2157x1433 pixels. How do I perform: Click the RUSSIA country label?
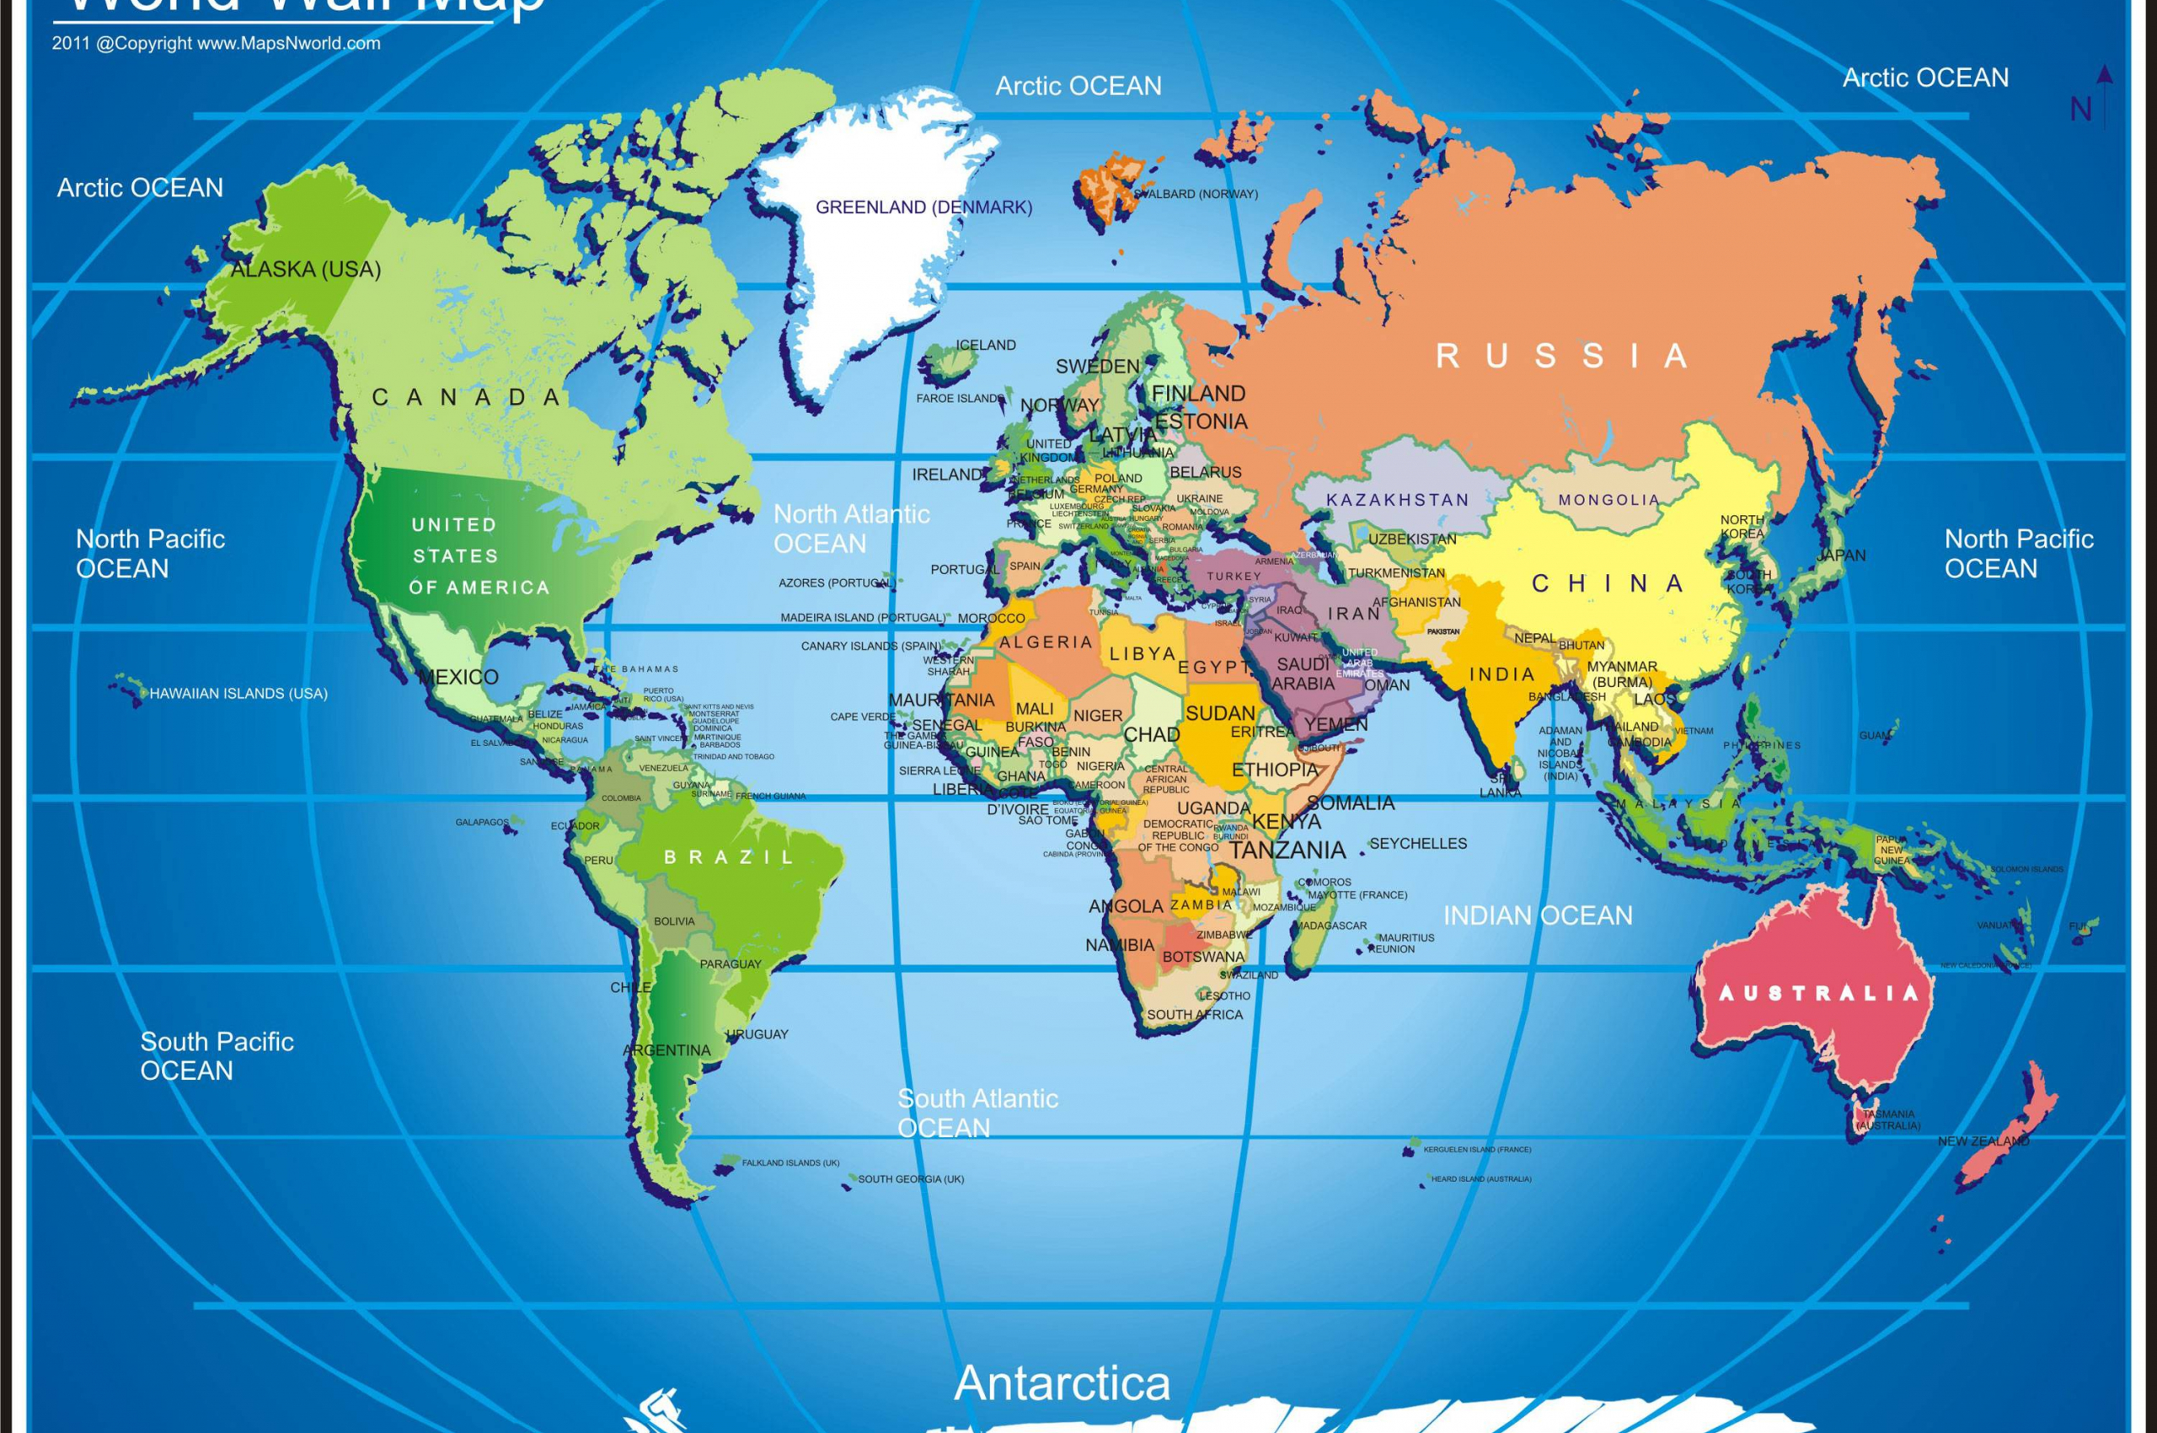[x=1561, y=356]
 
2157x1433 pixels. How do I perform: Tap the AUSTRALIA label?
[x=1818, y=994]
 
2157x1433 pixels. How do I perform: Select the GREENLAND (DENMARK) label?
[x=923, y=207]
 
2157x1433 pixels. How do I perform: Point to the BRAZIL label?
[x=729, y=857]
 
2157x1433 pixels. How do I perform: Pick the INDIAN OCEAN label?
[x=1538, y=915]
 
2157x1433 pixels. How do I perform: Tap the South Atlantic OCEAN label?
[x=977, y=1112]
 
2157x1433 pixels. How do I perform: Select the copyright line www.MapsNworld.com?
[x=217, y=43]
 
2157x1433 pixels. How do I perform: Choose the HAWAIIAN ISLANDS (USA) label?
[x=238, y=694]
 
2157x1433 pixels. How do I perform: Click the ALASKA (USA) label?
[x=305, y=269]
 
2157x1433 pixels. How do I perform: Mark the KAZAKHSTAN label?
[x=1398, y=500]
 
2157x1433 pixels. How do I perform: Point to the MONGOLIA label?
[x=1608, y=500]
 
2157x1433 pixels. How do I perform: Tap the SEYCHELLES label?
[x=1418, y=844]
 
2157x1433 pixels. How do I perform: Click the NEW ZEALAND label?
[x=1983, y=1140]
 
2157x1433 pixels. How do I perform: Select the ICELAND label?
[x=986, y=345]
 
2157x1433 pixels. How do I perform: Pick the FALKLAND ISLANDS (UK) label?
[x=790, y=1162]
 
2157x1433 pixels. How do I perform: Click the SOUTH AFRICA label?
[x=1195, y=1014]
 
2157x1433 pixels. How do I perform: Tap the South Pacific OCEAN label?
[x=217, y=1055]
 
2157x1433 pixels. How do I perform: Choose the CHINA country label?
[x=1607, y=583]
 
